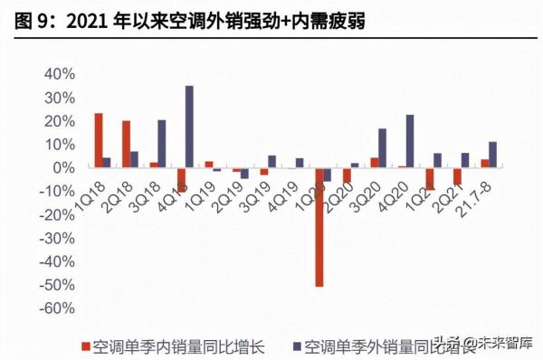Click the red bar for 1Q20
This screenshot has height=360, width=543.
319,227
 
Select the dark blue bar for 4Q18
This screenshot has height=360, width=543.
189,127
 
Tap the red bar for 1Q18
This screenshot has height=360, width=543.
99,140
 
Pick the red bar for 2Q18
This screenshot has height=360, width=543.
126,144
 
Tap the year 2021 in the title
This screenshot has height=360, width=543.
84,19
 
